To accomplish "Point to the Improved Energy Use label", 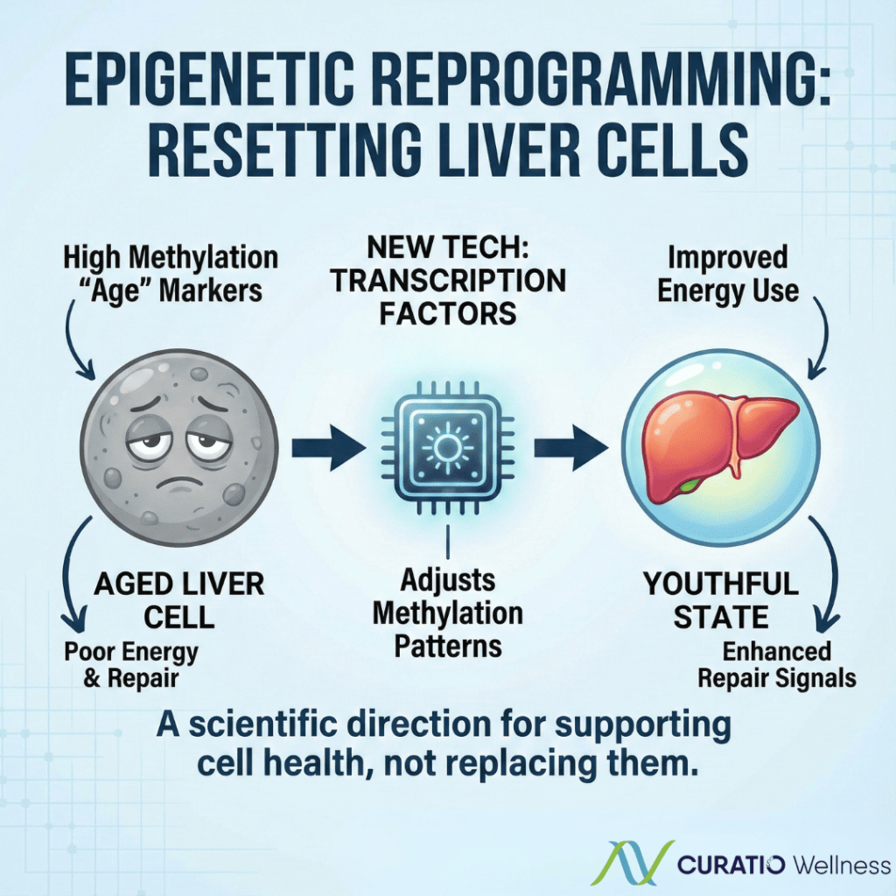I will tap(728, 274).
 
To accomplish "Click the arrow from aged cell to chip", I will tap(327, 449).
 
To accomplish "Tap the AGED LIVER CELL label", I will tap(178, 600).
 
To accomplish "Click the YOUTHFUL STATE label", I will tap(721, 600).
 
